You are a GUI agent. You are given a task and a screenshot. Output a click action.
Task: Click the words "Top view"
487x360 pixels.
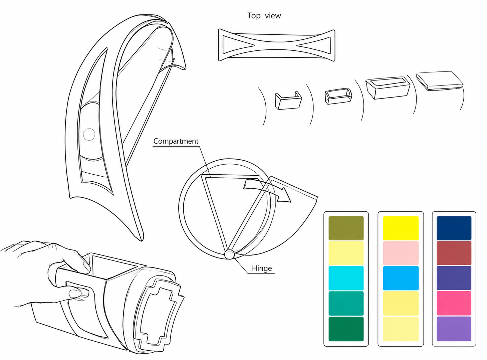(264, 16)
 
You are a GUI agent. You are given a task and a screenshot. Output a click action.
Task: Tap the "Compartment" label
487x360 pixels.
(176, 141)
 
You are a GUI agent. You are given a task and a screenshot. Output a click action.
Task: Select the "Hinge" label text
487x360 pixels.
(262, 268)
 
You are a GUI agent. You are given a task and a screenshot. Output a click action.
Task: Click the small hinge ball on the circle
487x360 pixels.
(229, 254)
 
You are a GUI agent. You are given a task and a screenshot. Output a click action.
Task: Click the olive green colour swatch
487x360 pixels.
(346, 228)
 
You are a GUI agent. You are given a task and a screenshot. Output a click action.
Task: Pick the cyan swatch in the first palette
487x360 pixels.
(346, 278)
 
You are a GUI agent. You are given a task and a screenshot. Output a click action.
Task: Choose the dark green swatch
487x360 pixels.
(346, 329)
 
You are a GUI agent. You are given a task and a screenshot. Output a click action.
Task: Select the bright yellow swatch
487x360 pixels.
(401, 228)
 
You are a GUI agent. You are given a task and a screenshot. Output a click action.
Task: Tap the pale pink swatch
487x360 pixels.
(401, 253)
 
